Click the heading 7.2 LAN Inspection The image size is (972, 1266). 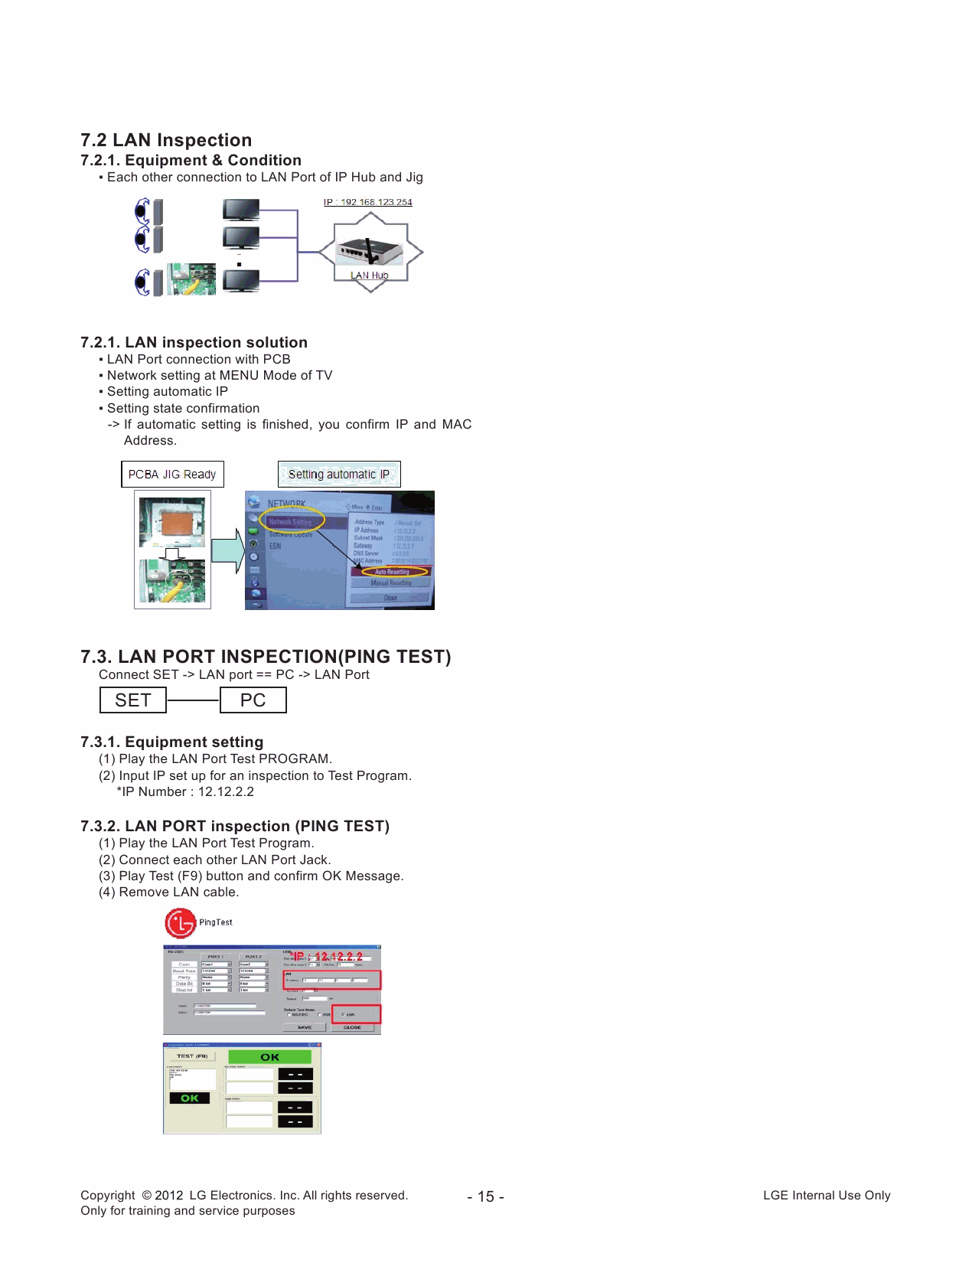(166, 140)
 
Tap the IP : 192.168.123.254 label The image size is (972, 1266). (367, 202)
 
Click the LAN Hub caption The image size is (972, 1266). (370, 276)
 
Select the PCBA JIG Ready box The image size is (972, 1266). (172, 475)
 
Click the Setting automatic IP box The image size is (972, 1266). (339, 475)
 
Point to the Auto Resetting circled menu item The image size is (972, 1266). (392, 572)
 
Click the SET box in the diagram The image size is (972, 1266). (133, 700)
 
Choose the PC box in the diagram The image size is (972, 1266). (253, 700)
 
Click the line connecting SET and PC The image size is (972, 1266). (193, 700)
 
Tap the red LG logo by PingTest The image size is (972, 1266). (181, 923)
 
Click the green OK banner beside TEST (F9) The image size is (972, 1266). (270, 1057)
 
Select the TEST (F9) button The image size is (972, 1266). (192, 1056)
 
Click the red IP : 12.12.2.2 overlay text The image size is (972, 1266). (327, 957)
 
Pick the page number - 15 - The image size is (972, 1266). (485, 1196)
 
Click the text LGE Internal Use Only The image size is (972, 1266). (827, 1196)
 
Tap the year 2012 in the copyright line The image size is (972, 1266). (168, 1196)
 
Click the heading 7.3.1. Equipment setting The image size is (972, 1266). (171, 742)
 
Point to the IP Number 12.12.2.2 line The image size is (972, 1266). (185, 791)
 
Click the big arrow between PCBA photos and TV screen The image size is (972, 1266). (227, 550)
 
